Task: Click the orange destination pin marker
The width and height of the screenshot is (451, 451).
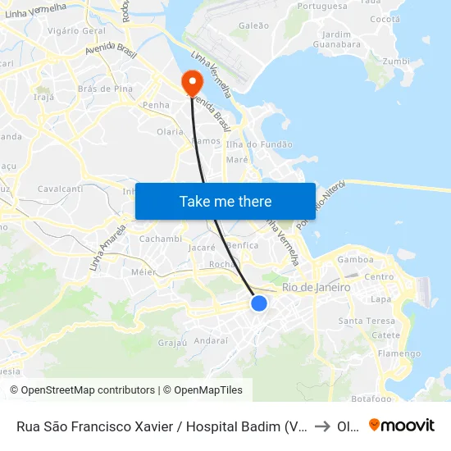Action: [193, 81]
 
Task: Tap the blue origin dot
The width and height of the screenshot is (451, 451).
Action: [259, 303]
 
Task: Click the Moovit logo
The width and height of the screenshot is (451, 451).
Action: [401, 426]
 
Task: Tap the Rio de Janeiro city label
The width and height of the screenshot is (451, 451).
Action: [316, 288]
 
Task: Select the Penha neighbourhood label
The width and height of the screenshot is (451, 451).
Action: [156, 105]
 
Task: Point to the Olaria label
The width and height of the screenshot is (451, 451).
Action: [170, 131]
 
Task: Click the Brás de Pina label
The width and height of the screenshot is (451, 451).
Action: [105, 89]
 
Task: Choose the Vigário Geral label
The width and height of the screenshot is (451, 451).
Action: [77, 30]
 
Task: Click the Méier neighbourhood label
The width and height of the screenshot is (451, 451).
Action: [143, 271]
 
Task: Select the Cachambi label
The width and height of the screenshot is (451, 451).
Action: [160, 239]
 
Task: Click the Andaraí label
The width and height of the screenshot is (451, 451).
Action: [212, 340]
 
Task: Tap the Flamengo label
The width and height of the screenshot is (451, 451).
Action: [399, 353]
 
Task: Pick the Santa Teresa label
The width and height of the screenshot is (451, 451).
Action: [362, 321]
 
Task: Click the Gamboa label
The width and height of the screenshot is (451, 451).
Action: [355, 260]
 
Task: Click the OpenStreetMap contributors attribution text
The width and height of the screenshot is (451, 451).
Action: [82, 390]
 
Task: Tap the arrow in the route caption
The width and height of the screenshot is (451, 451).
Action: [322, 426]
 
